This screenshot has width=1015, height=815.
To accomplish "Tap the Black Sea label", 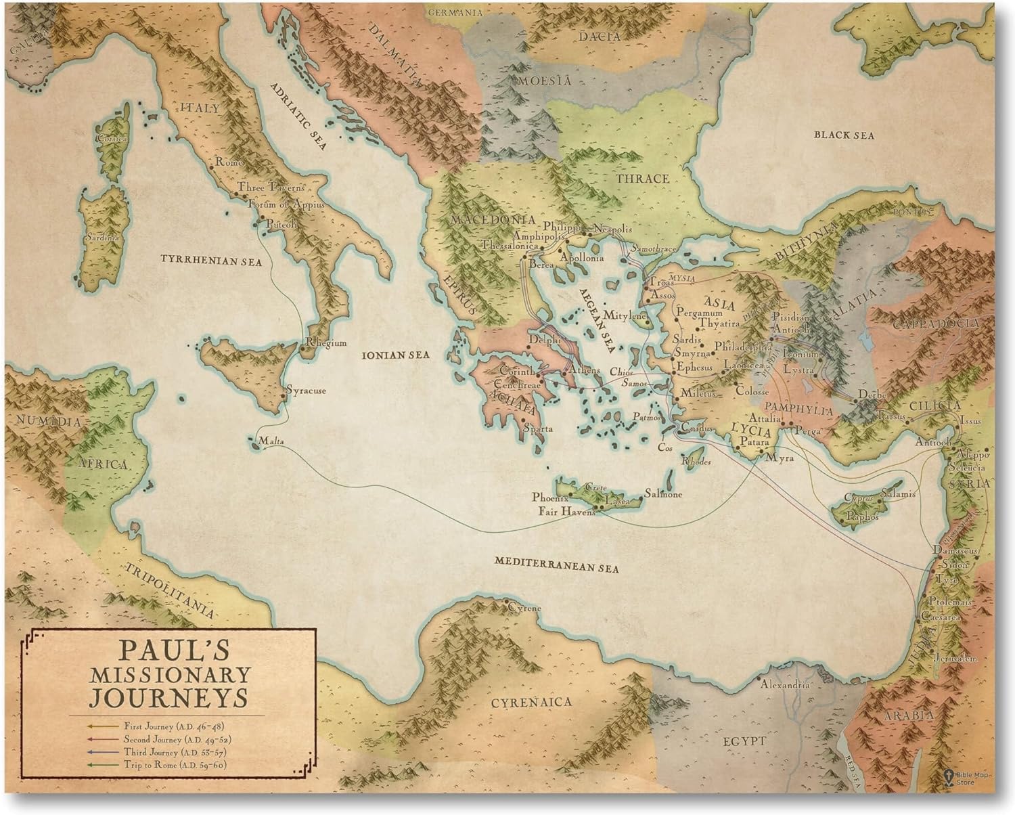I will pyautogui.click(x=844, y=135).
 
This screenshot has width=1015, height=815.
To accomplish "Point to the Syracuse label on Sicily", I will pyautogui.click(x=307, y=391).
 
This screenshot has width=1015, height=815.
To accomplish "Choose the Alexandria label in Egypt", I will pyautogui.click(x=785, y=684).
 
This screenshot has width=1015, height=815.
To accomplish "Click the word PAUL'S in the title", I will pyautogui.click(x=175, y=649).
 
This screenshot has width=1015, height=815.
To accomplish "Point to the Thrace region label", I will pyautogui.click(x=642, y=179).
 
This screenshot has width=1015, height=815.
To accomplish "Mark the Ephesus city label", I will pyautogui.click(x=695, y=368).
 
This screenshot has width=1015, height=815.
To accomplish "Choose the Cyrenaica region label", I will pyautogui.click(x=531, y=702).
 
